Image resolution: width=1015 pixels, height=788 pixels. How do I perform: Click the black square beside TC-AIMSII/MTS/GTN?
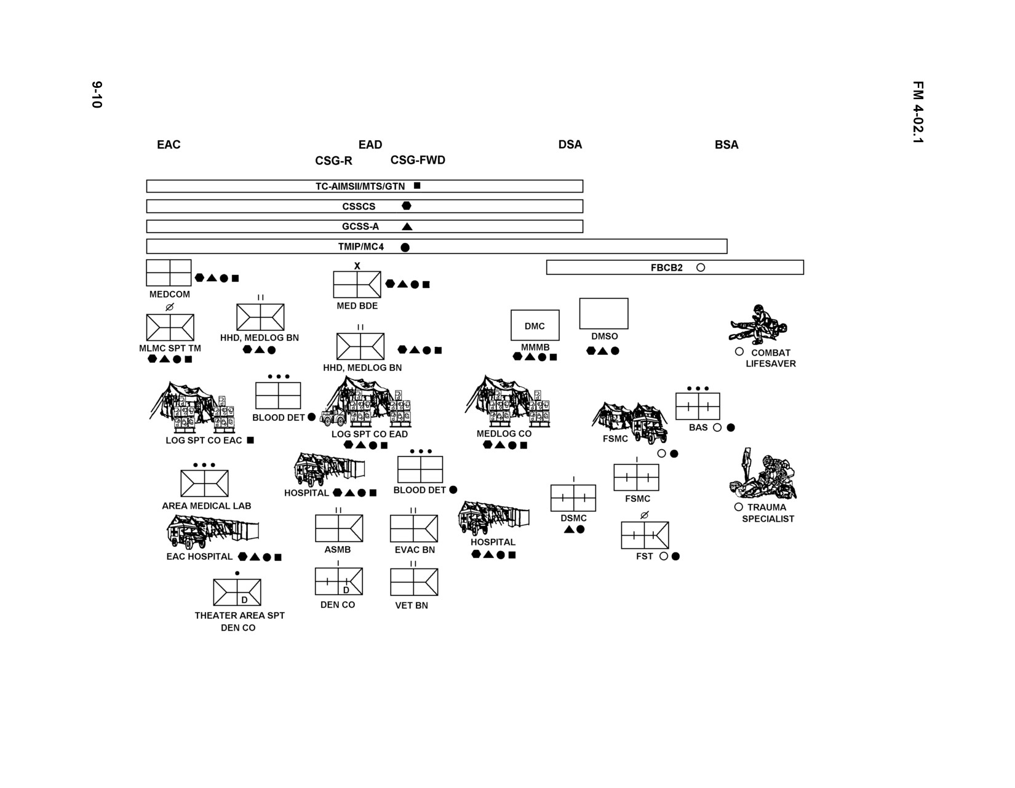tap(417, 185)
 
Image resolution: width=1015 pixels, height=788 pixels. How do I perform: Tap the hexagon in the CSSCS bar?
tap(407, 205)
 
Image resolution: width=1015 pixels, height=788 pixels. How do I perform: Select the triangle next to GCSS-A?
tap(407, 226)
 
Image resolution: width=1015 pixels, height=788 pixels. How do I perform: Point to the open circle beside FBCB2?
tap(700, 267)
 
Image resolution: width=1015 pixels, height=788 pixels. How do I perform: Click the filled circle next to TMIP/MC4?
tap(405, 247)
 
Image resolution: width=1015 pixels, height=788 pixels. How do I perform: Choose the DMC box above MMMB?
tap(535, 325)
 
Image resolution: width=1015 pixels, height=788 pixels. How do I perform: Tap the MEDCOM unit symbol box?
tap(169, 273)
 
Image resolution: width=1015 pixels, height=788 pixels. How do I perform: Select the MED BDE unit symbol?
tap(357, 284)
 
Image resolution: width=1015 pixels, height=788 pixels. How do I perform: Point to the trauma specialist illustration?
tap(763, 474)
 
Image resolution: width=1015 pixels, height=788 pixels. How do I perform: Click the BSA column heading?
tap(726, 145)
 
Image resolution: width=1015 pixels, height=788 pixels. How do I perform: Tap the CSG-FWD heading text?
tap(418, 160)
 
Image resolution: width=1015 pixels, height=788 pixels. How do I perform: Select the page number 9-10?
tap(97, 95)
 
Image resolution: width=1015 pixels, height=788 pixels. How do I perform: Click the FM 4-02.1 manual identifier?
tap(918, 112)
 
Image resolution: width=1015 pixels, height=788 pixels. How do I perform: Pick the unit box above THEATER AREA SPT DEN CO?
tap(237, 592)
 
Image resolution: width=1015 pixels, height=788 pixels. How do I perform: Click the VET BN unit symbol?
tap(414, 582)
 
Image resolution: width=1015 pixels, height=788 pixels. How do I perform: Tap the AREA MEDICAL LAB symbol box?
tap(205, 484)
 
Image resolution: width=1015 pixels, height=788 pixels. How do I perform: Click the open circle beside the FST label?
tap(663, 556)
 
